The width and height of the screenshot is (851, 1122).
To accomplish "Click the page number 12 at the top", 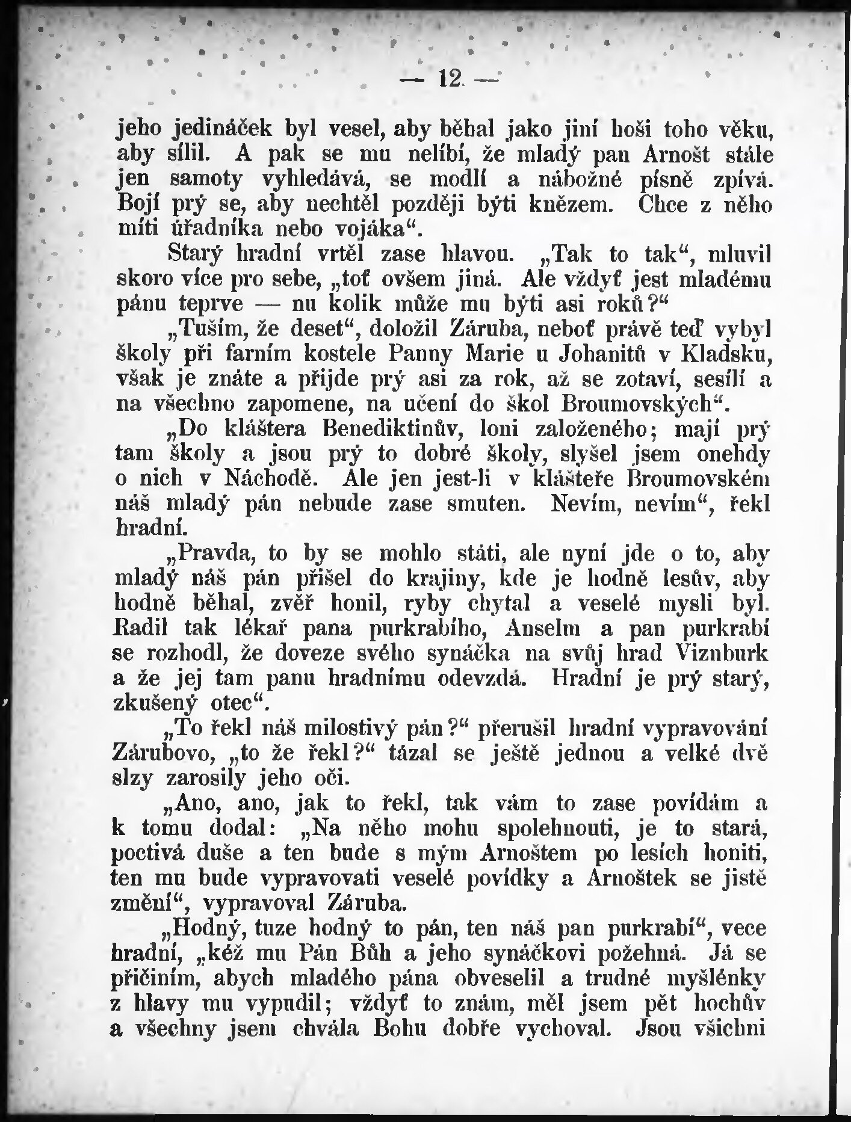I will (x=450, y=78).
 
